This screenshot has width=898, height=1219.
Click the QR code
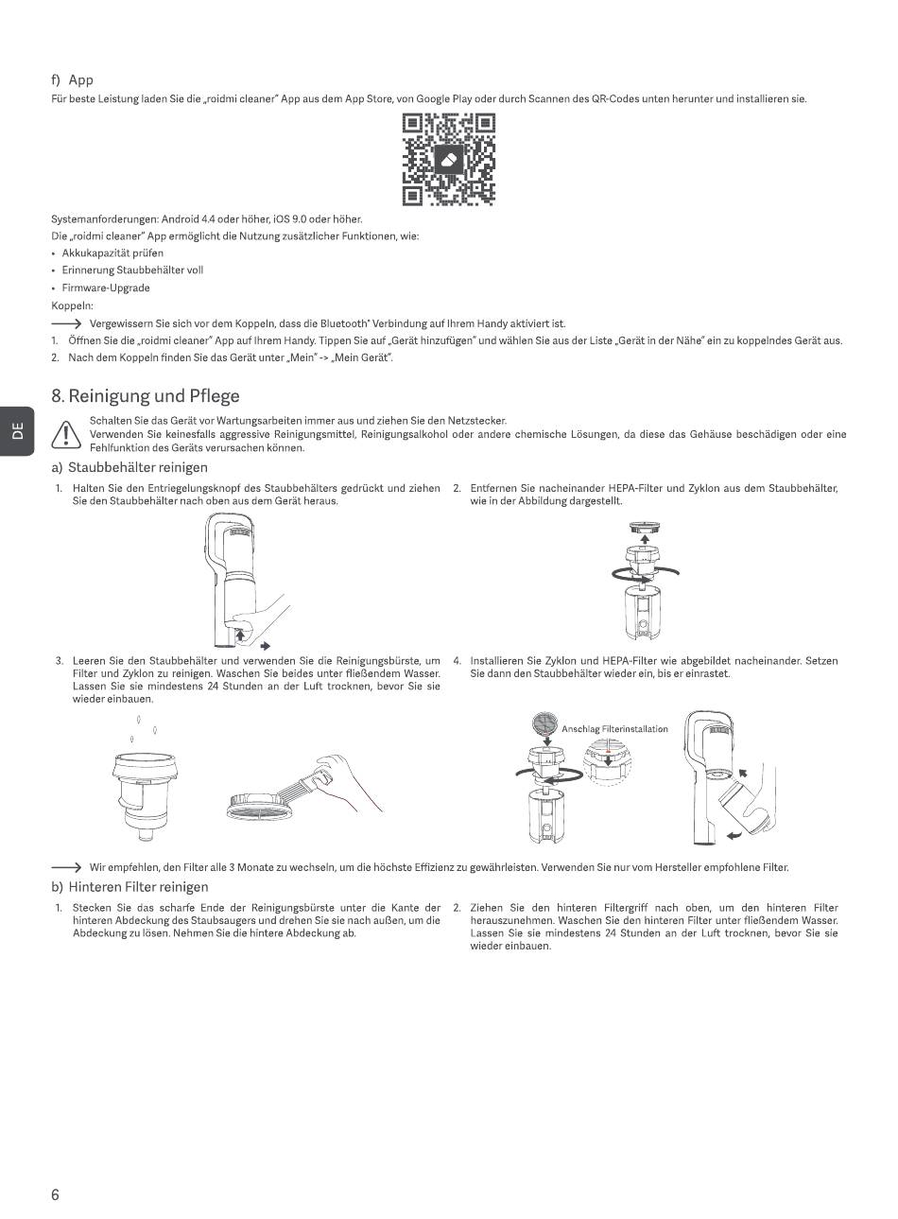(x=449, y=159)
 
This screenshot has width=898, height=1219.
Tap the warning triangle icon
(x=66, y=434)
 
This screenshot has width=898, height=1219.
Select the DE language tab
(x=17, y=431)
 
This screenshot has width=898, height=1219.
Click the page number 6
(x=55, y=1194)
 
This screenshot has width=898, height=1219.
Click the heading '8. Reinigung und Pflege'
(x=146, y=395)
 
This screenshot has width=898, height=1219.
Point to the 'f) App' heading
(x=73, y=80)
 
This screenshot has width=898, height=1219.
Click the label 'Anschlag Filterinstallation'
(x=614, y=729)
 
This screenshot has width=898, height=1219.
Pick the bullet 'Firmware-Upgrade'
(x=106, y=287)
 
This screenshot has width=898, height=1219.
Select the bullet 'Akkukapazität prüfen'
(x=112, y=253)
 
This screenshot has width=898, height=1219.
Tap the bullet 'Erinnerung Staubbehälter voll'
(x=132, y=270)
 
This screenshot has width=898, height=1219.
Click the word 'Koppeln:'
(x=73, y=305)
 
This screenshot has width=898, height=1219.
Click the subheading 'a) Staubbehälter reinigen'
(x=130, y=467)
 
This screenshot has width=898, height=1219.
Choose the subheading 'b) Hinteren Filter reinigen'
(x=130, y=887)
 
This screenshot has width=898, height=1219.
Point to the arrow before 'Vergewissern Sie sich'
(x=66, y=323)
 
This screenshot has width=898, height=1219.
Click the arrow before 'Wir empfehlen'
(x=66, y=867)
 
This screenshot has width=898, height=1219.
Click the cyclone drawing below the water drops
(x=146, y=795)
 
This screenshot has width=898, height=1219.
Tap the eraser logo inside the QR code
(x=449, y=160)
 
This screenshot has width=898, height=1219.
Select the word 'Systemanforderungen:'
(x=105, y=219)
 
